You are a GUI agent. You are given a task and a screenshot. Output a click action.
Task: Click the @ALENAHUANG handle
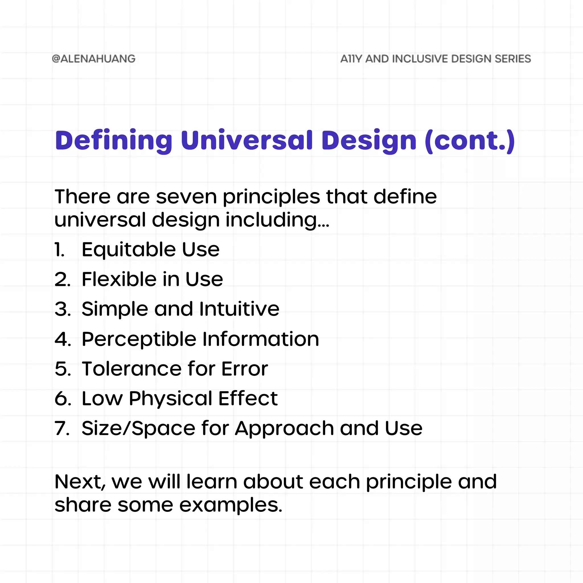click(94, 59)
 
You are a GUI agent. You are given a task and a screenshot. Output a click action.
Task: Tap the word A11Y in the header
click(351, 59)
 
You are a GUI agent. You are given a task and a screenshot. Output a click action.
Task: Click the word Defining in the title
click(114, 141)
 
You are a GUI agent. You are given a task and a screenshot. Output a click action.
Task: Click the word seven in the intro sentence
click(186, 197)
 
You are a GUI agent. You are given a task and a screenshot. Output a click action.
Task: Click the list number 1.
click(59, 250)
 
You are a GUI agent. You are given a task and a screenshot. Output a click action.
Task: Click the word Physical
click(171, 398)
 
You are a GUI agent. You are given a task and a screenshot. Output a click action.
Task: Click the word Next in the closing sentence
click(79, 482)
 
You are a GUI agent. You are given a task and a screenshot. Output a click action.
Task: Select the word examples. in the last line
click(231, 505)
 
